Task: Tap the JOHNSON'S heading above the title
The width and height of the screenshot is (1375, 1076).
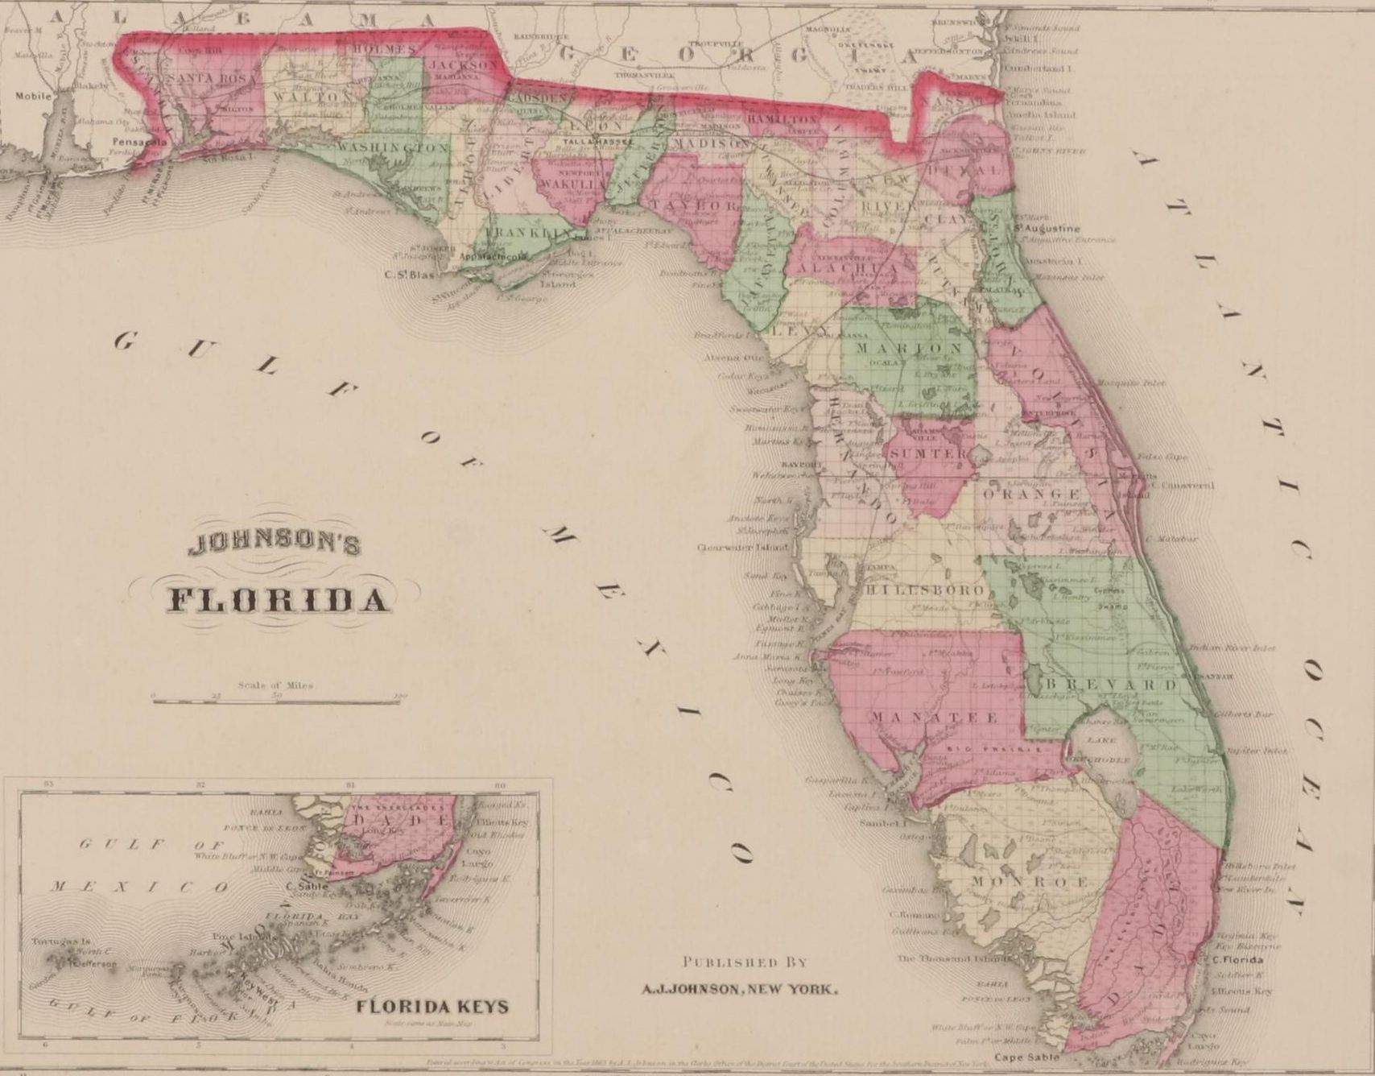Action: (274, 546)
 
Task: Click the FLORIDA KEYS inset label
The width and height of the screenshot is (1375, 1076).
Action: (432, 1006)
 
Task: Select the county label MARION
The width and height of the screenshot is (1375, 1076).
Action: (908, 348)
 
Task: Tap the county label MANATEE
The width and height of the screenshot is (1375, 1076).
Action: (935, 716)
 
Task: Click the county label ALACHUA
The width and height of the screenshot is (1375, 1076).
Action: (842, 268)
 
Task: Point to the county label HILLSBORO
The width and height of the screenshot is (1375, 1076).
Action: (923, 590)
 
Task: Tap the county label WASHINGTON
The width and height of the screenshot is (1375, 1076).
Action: (392, 148)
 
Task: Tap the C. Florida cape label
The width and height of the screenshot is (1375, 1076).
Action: (1237, 960)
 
